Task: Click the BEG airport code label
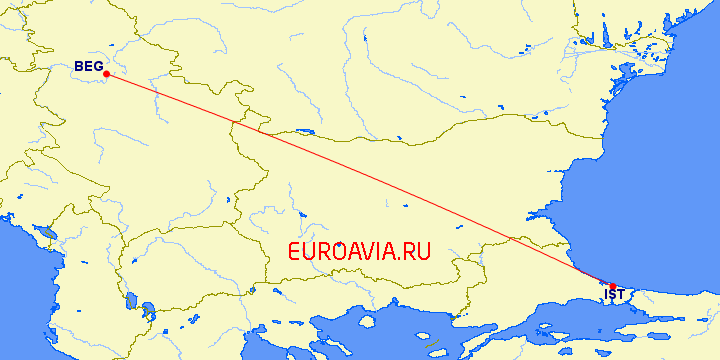tap(88, 67)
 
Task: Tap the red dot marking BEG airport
tap(106, 74)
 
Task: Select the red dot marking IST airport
tap(613, 287)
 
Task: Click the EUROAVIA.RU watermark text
tap(359, 252)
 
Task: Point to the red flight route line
tap(360, 179)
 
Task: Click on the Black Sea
tap(660, 180)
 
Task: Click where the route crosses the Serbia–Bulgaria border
tap(234, 124)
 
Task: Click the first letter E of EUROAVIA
tap(294, 252)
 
